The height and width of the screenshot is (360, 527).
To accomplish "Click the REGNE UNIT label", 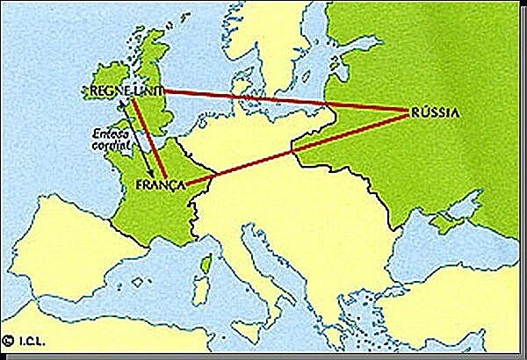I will [x=122, y=90].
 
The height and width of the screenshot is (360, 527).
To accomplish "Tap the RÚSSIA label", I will [x=434, y=112].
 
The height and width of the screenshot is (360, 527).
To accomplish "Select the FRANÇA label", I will [x=165, y=186].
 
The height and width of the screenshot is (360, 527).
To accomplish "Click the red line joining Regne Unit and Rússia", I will [x=281, y=99].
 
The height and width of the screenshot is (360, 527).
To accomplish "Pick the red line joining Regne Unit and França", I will [x=153, y=139].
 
